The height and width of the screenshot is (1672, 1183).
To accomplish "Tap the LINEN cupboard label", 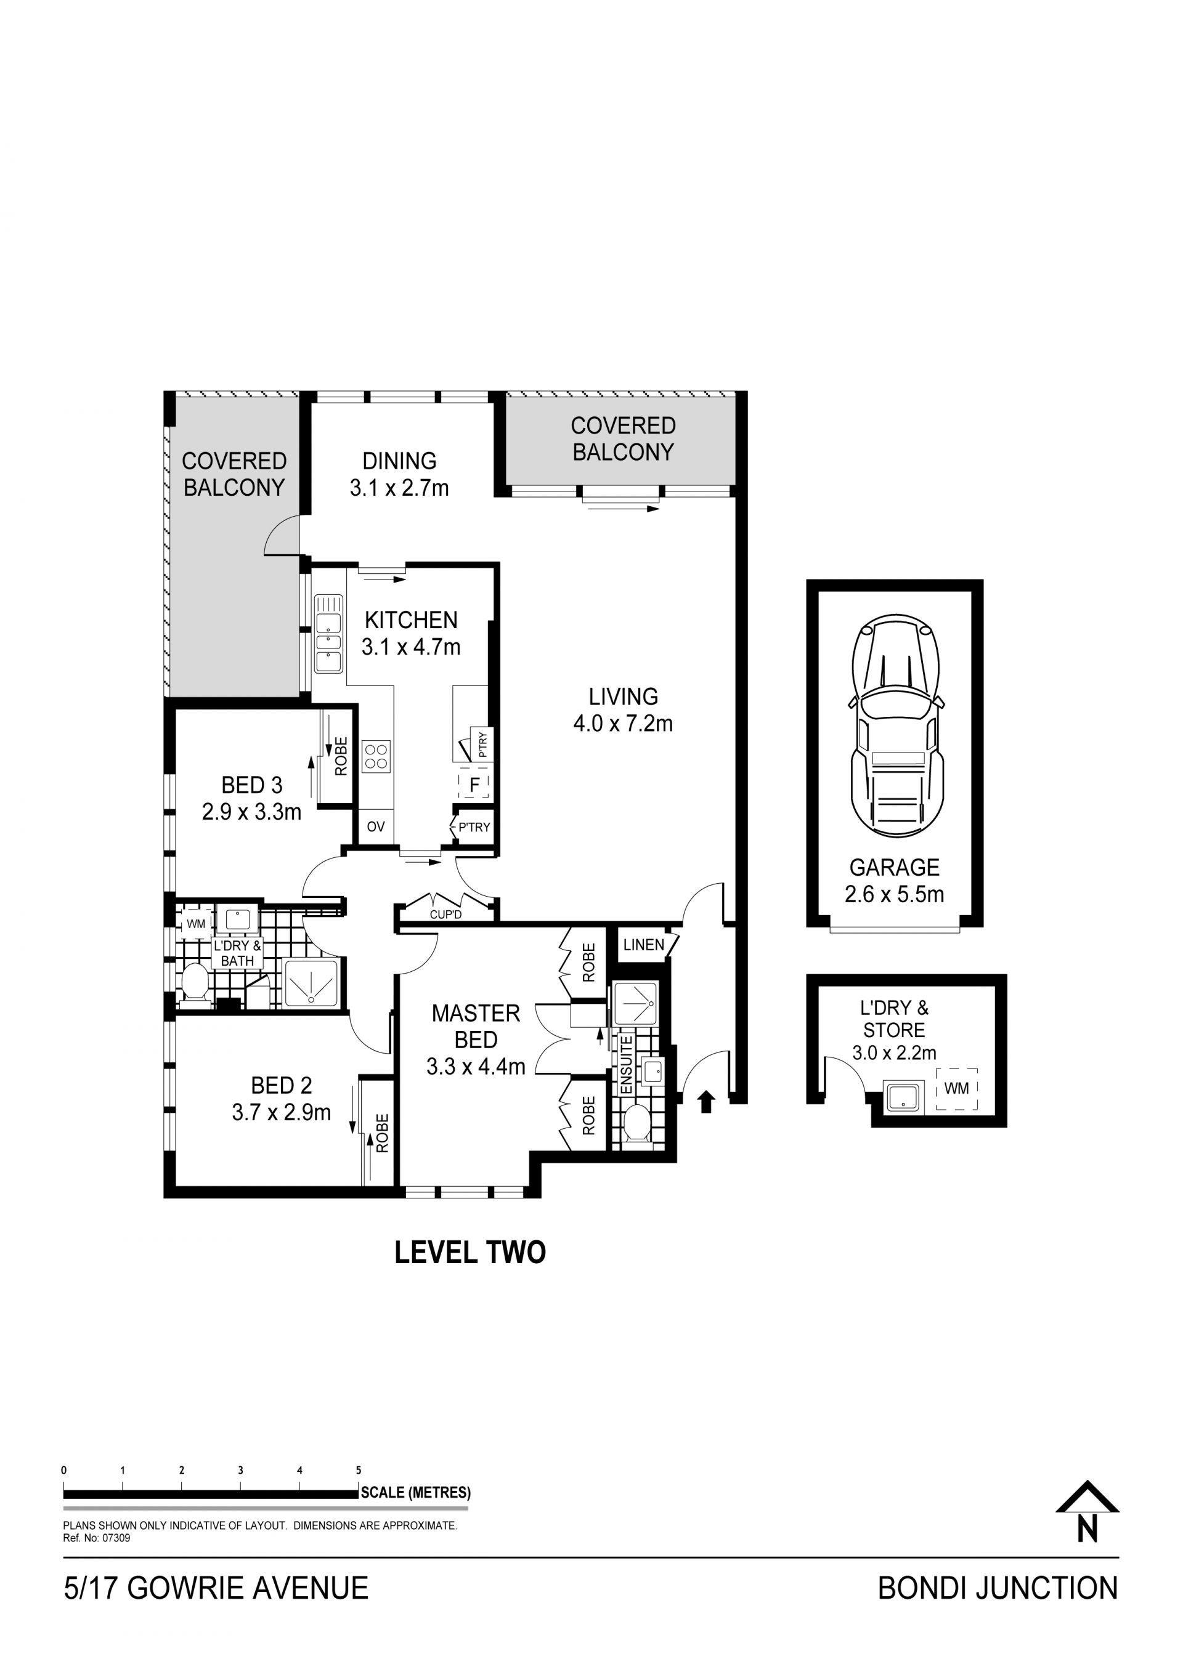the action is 643,945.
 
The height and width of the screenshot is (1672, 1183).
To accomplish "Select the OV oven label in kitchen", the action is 376,826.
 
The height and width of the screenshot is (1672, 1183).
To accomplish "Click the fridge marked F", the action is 475,786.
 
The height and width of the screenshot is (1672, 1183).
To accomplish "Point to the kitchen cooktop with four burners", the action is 376,756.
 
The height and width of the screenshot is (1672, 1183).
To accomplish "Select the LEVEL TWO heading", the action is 470,1252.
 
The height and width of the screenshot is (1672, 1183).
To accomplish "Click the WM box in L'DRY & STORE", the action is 956,1088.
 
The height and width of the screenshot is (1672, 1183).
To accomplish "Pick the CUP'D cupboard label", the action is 446,914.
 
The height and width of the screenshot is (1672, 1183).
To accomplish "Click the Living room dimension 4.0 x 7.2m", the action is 623,723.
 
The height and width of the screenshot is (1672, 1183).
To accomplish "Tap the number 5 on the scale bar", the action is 359,1470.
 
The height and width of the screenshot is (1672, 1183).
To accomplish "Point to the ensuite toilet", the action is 637,1125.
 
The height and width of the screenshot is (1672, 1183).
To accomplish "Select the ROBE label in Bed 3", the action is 340,756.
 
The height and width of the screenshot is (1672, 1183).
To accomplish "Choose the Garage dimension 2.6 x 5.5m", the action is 894,894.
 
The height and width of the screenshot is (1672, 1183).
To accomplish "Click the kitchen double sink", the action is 328,634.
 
